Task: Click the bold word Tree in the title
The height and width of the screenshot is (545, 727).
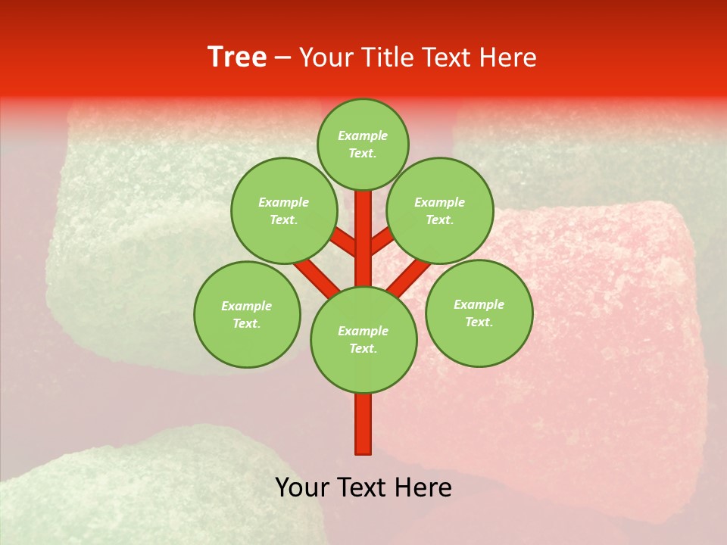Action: pos(237,58)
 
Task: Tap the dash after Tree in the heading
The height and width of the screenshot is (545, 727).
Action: pos(282,58)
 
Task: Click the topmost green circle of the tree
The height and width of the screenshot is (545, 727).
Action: pos(363,144)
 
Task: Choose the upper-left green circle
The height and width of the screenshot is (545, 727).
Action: pos(284,211)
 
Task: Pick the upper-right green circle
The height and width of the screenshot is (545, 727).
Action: pos(440,211)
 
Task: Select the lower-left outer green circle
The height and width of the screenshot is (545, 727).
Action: pos(247,314)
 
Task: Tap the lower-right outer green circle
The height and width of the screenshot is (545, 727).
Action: pos(479,313)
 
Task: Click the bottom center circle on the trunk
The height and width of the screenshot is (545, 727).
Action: pos(363,340)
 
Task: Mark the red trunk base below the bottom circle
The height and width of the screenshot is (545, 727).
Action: pos(363,424)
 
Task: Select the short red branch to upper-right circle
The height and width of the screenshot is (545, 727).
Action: pos(383,241)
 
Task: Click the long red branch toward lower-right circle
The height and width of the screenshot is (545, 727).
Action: pos(409,276)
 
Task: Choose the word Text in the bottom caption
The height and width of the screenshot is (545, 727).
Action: pos(365,487)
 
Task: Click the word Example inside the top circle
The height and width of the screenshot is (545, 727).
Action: pos(363,135)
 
